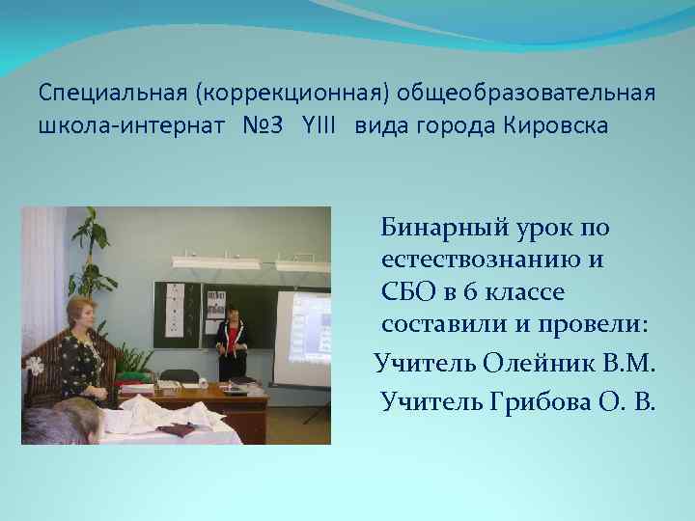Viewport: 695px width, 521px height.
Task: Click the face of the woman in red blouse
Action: [x=233, y=314]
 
